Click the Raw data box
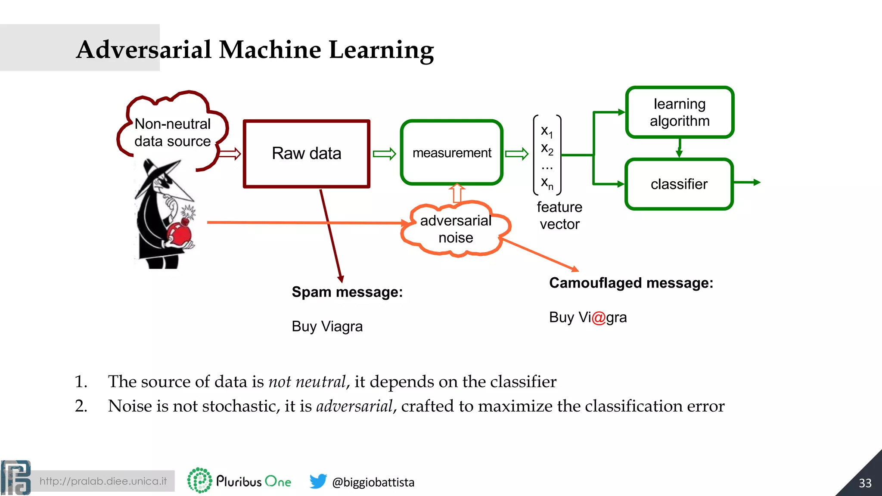coord(306,154)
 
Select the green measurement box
coord(451,153)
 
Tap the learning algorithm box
coord(679,112)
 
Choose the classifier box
coord(679,184)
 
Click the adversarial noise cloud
coord(456,229)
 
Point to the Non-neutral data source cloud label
coord(172,133)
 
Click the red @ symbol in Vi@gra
coord(599,318)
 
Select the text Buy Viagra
coord(327,326)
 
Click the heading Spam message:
coord(347,292)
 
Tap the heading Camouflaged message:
coord(631,283)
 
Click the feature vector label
coord(559,216)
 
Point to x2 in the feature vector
coord(547,149)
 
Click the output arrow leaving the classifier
coord(747,183)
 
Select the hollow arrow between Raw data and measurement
coord(384,154)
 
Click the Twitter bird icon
coord(318,481)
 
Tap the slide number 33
coord(865,483)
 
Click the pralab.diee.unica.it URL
coord(103,481)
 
